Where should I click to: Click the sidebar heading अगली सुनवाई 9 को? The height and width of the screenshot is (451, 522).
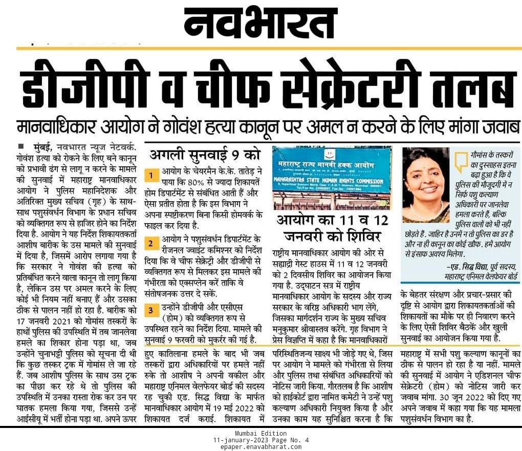point(205,154)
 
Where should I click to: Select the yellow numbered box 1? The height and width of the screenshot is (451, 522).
point(151,176)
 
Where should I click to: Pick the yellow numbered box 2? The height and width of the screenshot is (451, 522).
point(151,243)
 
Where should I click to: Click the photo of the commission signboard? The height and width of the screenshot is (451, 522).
point(332,177)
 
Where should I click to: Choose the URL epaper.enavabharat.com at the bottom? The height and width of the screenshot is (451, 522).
point(261,446)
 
